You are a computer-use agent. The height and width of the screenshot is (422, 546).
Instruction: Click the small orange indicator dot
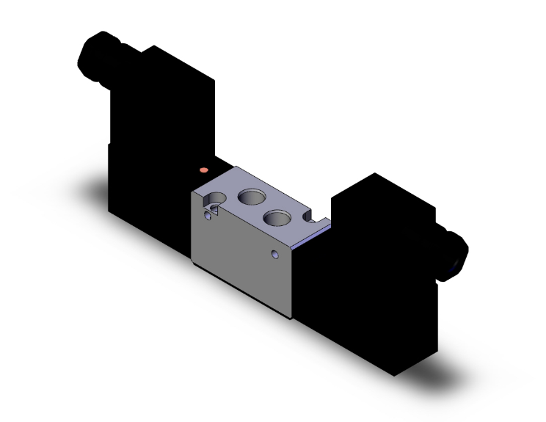pos(204,170)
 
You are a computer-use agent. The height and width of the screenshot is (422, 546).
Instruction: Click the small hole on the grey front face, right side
pos(274,255)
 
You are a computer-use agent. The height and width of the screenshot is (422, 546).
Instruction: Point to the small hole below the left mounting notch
pos(211,214)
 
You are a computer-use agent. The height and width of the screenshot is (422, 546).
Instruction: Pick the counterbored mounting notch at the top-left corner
pos(214,198)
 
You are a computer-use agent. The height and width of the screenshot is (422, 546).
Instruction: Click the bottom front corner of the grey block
pos(292,318)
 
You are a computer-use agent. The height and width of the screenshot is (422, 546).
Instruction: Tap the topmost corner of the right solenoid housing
pos(375,174)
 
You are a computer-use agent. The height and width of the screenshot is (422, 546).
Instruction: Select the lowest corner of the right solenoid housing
pos(394,375)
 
